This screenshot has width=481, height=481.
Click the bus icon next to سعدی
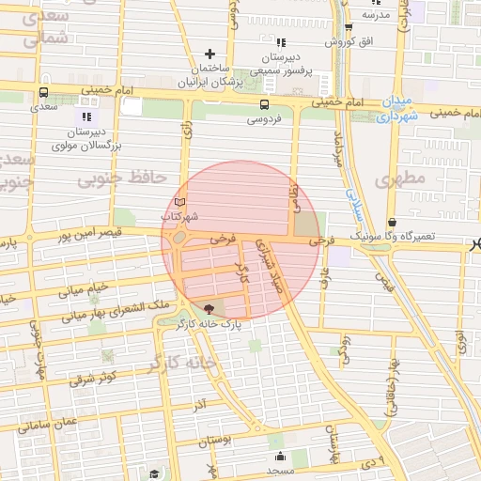click(45, 92)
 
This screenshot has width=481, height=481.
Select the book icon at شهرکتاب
click(180, 203)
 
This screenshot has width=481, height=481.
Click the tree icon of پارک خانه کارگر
click(208, 308)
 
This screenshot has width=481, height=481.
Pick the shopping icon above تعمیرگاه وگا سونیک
click(392, 223)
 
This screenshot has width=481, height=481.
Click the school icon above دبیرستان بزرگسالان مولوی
click(88, 117)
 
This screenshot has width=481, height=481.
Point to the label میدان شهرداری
click(389, 109)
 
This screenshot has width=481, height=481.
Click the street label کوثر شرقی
click(91, 379)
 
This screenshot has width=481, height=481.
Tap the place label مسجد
click(280, 470)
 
